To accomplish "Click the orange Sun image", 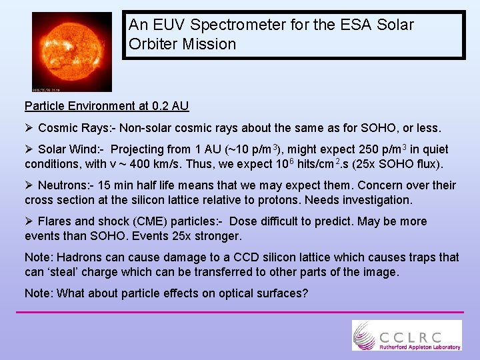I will point(72,51).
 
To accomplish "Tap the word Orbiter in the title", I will point(153,45).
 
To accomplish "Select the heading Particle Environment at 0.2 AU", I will point(107,106).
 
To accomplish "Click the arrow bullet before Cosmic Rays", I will point(29,127).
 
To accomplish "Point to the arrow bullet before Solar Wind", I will point(29,149).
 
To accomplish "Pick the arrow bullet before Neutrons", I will point(29,185).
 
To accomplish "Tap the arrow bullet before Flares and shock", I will point(29,221).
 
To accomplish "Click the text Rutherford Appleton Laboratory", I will point(420,347).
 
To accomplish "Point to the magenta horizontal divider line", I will point(240,311).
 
